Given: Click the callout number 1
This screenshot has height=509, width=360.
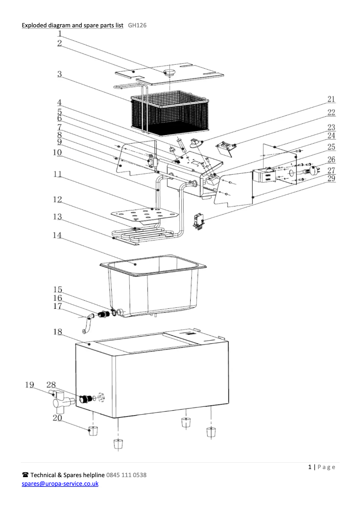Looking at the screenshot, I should click(59, 33).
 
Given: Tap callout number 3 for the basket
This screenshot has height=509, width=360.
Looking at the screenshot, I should click(59, 75).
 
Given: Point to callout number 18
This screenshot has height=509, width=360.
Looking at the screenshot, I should click(57, 332).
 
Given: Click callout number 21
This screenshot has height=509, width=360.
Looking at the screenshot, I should click(331, 99).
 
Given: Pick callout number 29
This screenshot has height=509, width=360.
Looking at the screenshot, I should click(331, 179).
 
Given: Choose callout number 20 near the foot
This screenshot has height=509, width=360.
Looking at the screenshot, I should click(57, 418).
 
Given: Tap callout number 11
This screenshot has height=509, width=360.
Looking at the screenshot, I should click(57, 175).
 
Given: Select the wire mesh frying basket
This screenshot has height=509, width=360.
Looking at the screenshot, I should click(171, 112).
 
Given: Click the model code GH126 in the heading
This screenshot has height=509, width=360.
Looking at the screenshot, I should click(137, 25).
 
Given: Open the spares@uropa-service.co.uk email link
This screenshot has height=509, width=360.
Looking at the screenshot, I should click(60, 483).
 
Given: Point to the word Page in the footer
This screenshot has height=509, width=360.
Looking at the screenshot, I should click(326, 467).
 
